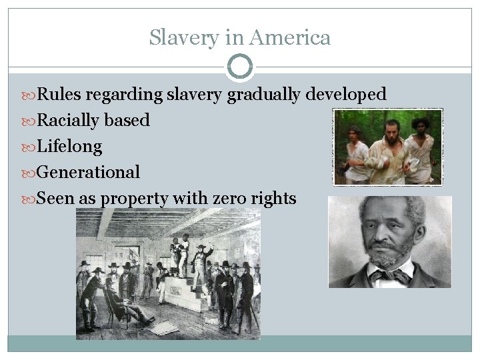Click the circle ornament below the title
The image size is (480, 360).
click(x=240, y=67)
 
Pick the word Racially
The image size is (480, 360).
click(x=68, y=120)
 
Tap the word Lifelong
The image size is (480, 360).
click(x=69, y=146)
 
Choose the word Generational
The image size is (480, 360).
click(x=88, y=172)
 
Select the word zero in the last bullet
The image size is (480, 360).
click(x=228, y=198)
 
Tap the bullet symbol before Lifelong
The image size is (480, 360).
click(x=31, y=147)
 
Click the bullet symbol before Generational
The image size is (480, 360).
click(x=31, y=173)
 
